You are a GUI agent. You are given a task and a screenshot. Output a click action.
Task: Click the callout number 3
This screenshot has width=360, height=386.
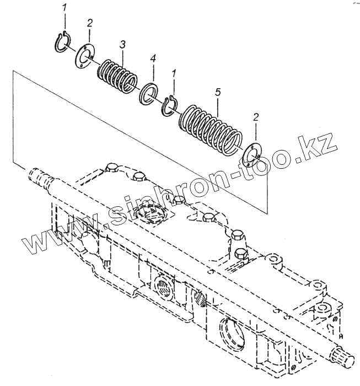(122, 44)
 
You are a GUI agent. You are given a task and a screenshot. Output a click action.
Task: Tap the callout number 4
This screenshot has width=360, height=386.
(153, 58)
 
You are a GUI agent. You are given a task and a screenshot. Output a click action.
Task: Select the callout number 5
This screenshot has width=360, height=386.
(218, 92)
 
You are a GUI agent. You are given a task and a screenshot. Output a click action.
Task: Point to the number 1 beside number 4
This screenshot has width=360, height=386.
(174, 73)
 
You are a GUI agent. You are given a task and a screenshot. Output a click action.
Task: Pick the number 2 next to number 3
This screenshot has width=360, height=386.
(89, 23)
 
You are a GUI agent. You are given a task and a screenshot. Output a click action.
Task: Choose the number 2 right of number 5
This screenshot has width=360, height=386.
(255, 117)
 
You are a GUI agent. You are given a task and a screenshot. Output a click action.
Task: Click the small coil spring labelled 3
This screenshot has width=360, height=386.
(117, 74)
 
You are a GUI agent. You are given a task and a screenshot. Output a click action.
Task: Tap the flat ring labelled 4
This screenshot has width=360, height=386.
(149, 92)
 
